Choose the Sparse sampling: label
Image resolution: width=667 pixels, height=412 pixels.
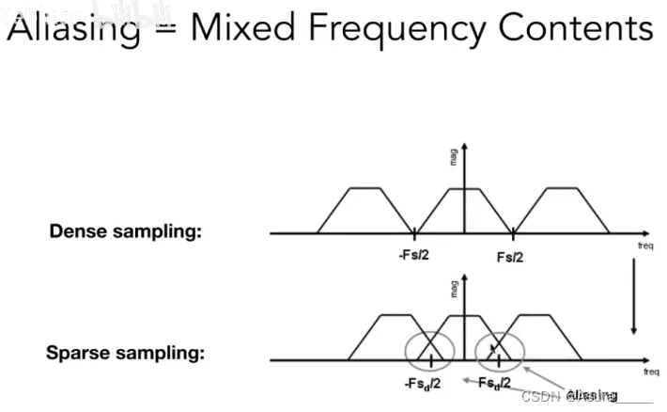pos(126,355)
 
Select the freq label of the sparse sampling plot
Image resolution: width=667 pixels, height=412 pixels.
pos(651,372)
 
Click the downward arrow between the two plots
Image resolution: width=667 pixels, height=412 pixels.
pos(635,297)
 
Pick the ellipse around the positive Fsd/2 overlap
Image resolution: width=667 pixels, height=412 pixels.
pos(500,350)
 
